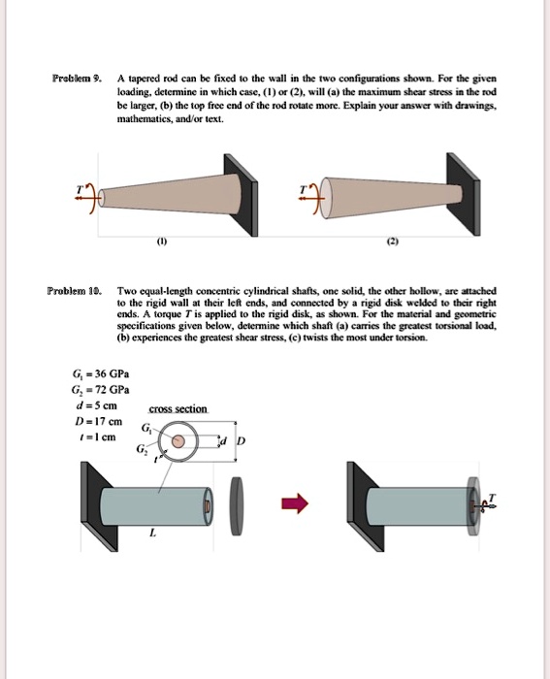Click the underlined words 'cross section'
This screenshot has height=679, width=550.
(178, 409)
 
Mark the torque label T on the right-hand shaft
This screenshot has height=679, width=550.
(491, 497)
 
